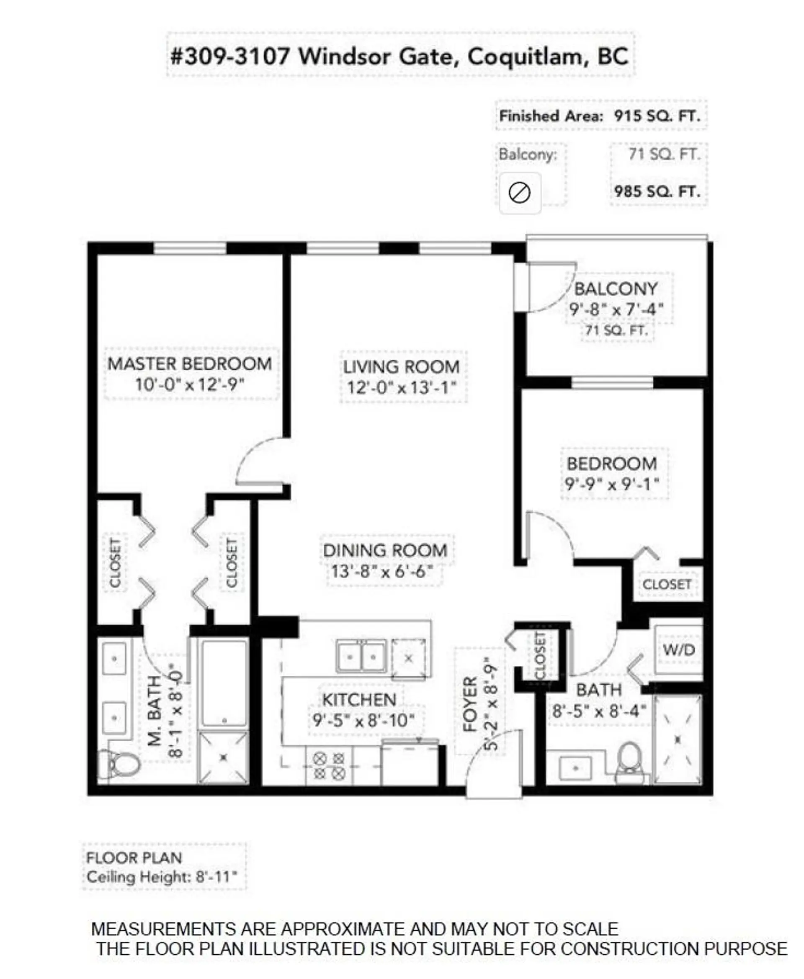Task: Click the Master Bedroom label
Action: click(x=190, y=363)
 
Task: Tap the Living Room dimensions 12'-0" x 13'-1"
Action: click(x=402, y=387)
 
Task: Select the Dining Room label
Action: click(x=385, y=550)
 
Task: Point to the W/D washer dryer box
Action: click(x=678, y=650)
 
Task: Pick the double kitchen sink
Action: click(x=361, y=656)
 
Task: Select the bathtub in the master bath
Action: click(x=224, y=683)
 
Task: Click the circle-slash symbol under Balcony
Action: click(x=519, y=192)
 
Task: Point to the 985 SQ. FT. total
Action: click(x=657, y=191)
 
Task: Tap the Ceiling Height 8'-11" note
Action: click(x=162, y=877)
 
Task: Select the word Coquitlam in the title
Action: click(x=525, y=57)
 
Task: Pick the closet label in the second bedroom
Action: click(x=667, y=585)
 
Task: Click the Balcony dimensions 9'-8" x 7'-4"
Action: click(x=616, y=309)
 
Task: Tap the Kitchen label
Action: click(x=359, y=700)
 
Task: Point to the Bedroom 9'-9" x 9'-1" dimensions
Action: click(x=611, y=484)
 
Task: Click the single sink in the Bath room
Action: click(x=575, y=768)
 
